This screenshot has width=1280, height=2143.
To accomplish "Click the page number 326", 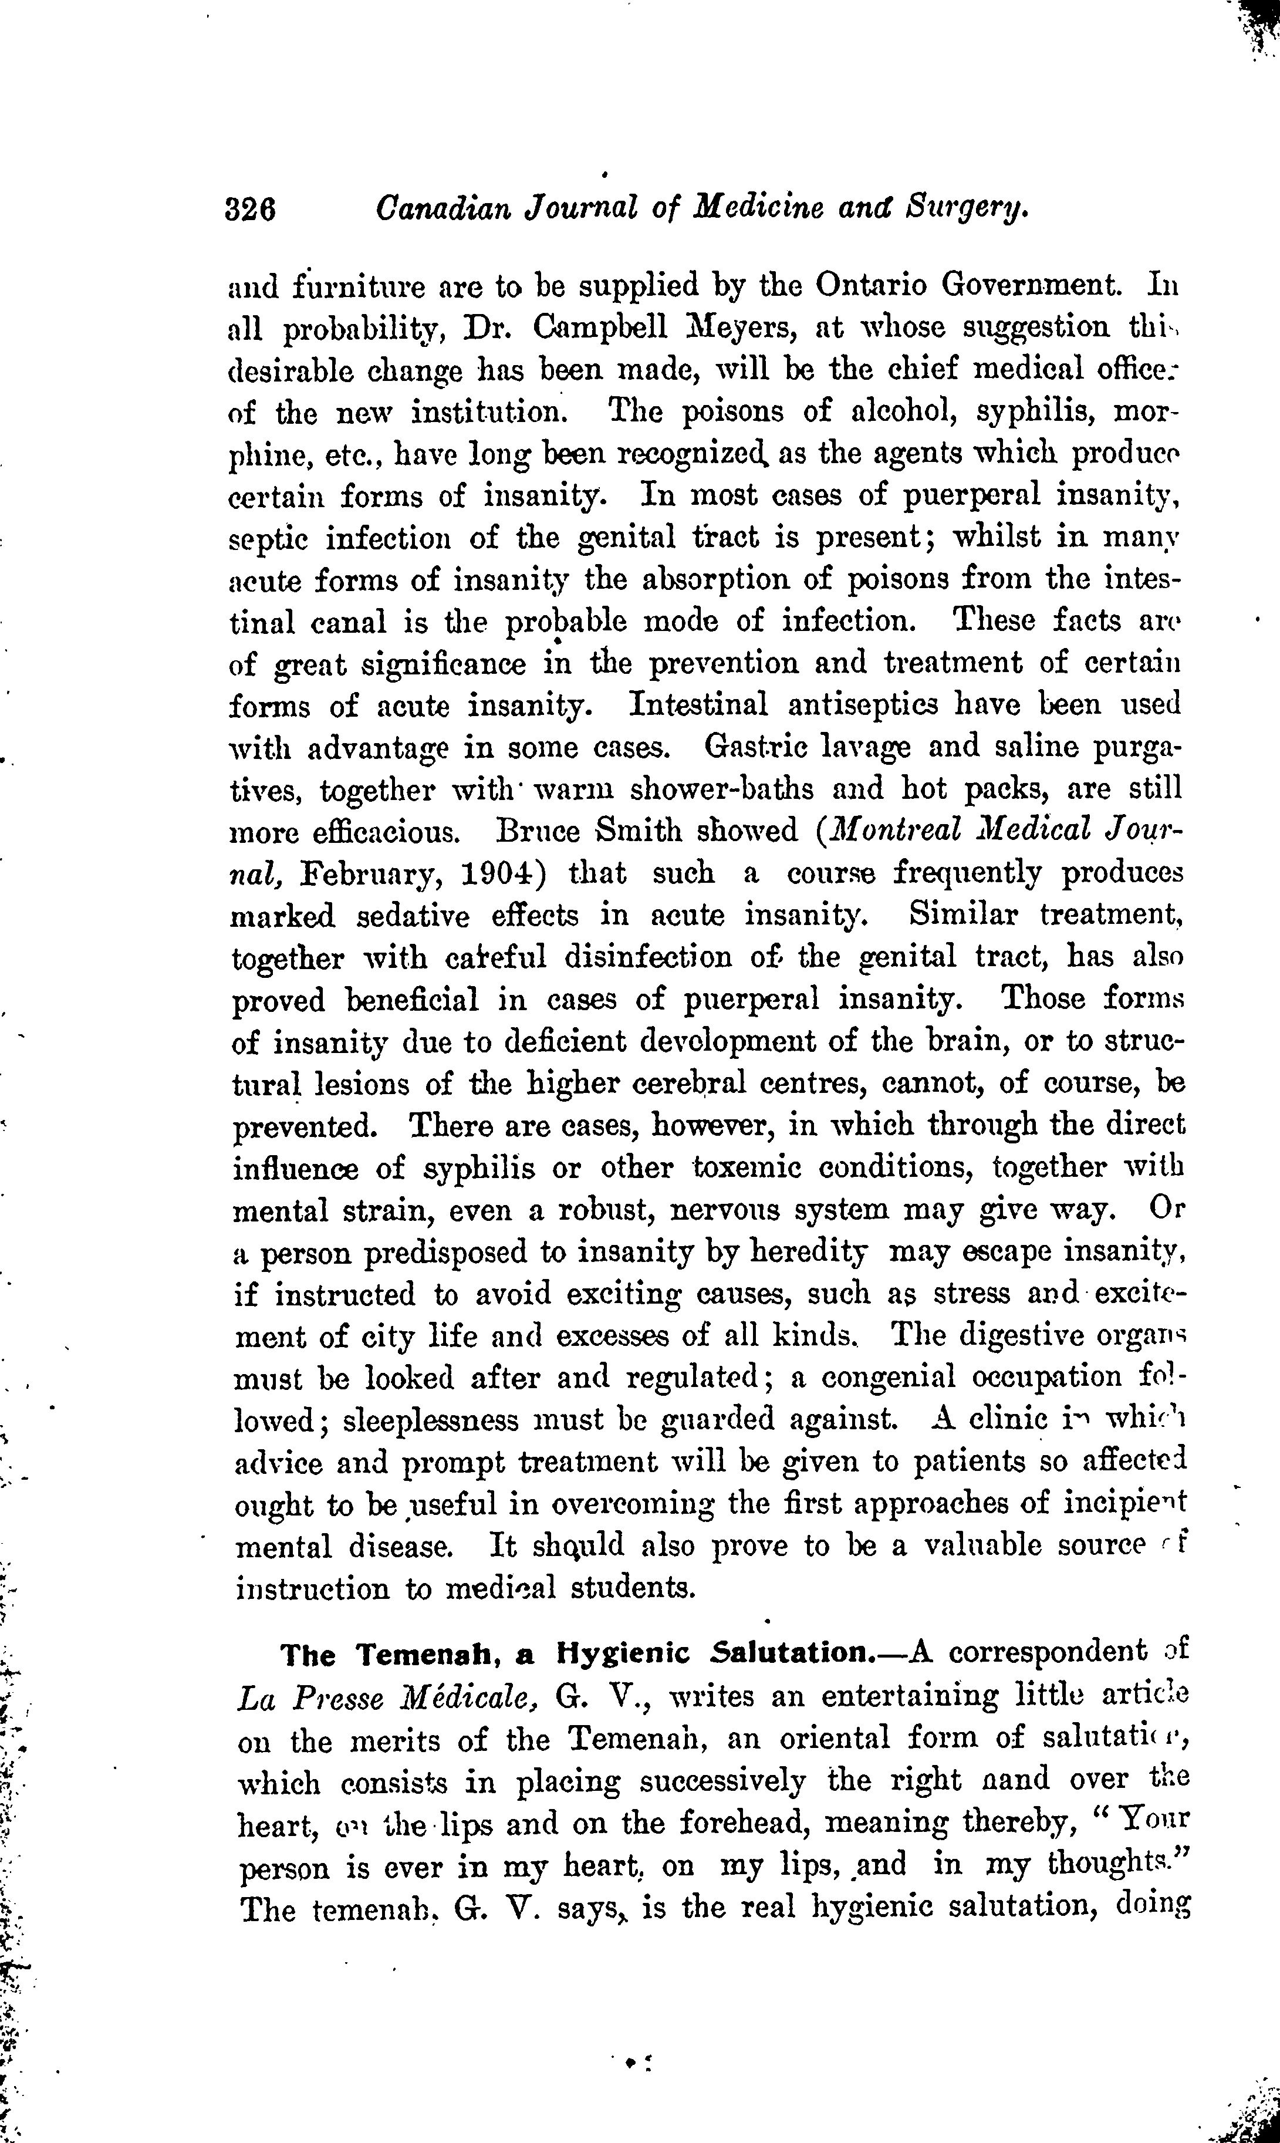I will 250,210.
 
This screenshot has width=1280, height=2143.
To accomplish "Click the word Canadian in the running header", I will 439,208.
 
